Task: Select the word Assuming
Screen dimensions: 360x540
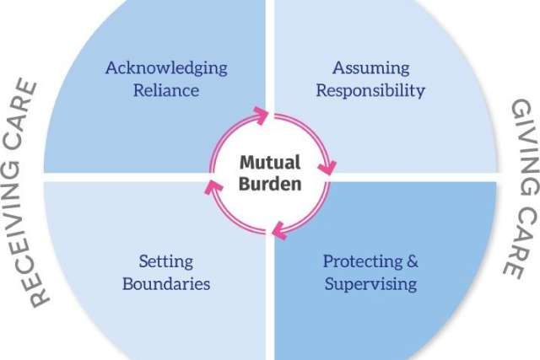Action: (370, 68)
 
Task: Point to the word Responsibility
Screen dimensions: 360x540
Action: (370, 90)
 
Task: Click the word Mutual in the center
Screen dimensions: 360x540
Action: (270, 161)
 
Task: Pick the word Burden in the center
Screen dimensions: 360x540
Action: (270, 183)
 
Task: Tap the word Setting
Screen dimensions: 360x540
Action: (166, 261)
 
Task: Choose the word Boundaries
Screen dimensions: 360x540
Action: (166, 283)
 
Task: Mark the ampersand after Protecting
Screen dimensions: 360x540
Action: (410, 261)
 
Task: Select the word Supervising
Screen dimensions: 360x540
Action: (370, 283)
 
